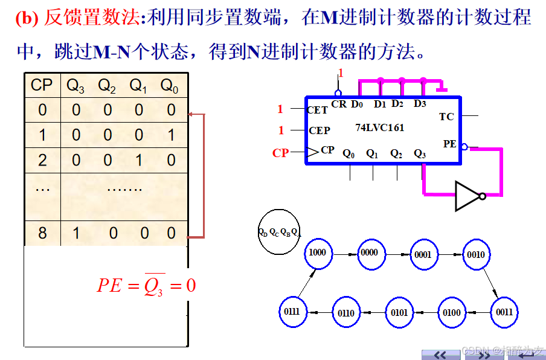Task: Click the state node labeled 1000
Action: point(317,252)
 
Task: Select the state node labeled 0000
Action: point(370,252)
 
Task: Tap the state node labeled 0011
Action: point(504,312)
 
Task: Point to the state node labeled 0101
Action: point(399,312)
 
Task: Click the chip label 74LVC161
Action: point(380,128)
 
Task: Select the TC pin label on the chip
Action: point(446,117)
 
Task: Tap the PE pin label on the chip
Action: point(449,144)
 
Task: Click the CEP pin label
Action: point(320,130)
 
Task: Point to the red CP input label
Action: point(280,153)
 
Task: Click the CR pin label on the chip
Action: point(339,104)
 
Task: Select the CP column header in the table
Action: point(42,86)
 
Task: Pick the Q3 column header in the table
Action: point(75,86)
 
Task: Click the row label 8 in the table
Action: point(42,233)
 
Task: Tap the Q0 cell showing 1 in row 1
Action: point(170,135)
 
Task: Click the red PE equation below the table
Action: point(146,284)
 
